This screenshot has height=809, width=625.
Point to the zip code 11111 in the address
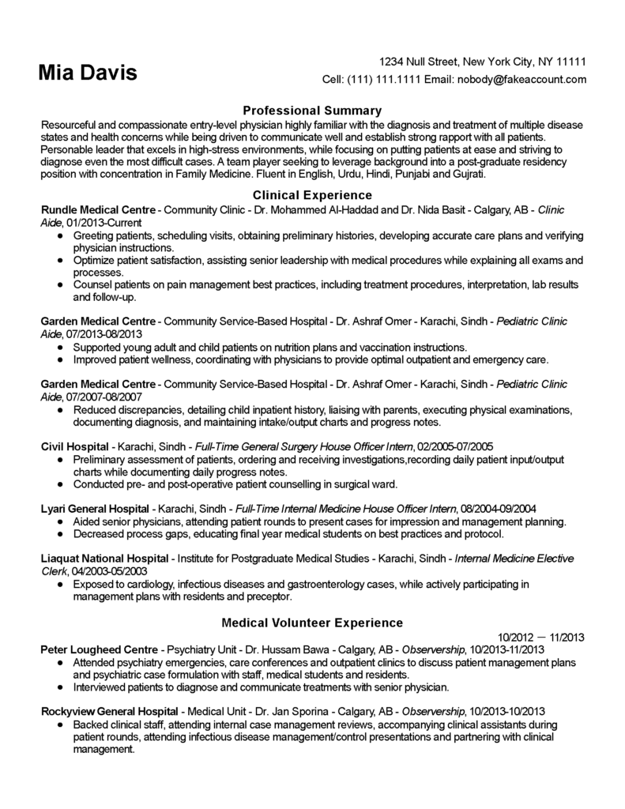(570, 62)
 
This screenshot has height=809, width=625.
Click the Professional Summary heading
(311, 111)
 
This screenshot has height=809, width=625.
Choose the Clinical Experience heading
(311, 194)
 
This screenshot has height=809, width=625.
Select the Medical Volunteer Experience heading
(311, 623)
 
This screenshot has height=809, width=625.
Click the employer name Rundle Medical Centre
(99, 209)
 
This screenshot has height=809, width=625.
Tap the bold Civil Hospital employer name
(75, 446)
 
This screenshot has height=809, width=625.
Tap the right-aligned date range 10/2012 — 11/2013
(541, 636)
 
